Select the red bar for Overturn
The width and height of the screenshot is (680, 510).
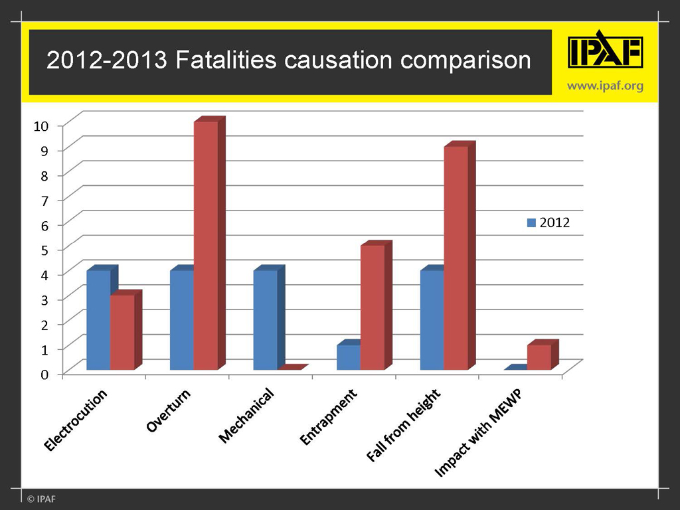tap(205, 246)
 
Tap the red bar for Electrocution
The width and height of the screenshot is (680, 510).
tap(122, 332)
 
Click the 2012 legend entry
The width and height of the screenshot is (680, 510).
tap(549, 223)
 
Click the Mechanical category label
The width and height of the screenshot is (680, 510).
tap(246, 416)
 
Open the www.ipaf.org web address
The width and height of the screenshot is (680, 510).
tap(605, 86)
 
